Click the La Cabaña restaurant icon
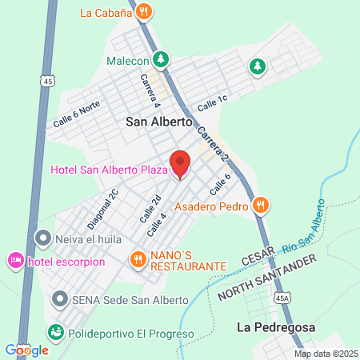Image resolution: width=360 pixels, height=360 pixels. [x=144, y=11]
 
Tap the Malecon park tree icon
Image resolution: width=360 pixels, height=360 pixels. [x=162, y=60]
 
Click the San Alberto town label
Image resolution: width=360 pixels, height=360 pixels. [x=160, y=122]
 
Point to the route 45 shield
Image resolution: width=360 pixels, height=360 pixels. [x=49, y=81]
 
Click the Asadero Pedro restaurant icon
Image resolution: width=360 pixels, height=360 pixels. [x=259, y=206]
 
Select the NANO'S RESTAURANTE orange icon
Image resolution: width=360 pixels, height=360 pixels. [x=138, y=258]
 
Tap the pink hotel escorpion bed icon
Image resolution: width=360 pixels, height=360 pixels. [x=15, y=261]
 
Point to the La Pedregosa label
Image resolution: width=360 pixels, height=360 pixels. [x=276, y=327]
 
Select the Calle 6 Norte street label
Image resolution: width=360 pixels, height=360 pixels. [x=77, y=118]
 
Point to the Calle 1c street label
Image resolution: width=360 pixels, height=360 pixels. [x=213, y=104]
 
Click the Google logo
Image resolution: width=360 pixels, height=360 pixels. [x=27, y=350]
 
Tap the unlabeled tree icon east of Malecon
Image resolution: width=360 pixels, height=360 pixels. [x=257, y=66]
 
